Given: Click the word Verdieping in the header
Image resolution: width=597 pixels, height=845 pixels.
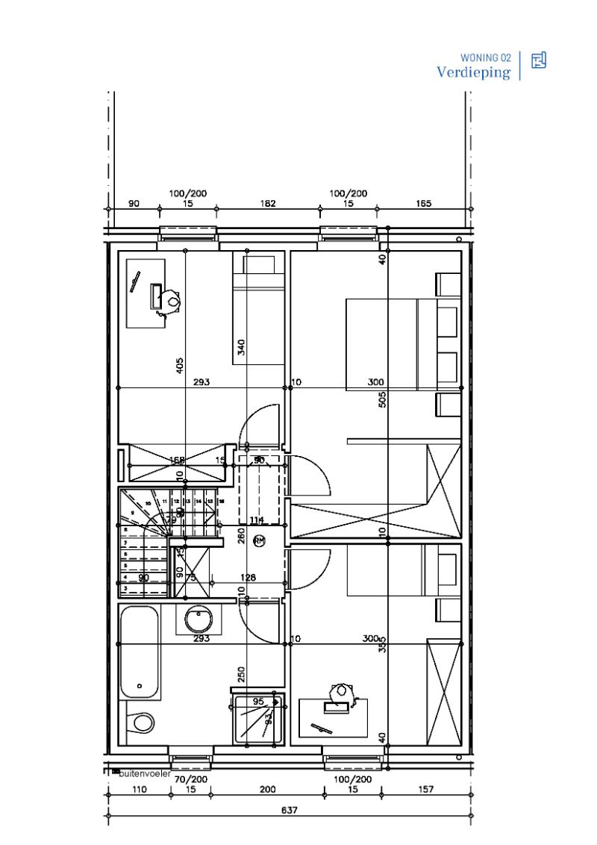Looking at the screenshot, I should click(473, 72).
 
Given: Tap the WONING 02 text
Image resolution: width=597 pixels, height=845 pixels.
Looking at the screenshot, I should click(486, 57).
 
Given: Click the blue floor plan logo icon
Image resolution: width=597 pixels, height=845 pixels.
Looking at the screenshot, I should click(538, 60).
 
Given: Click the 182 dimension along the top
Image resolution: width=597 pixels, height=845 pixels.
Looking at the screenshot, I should click(268, 204).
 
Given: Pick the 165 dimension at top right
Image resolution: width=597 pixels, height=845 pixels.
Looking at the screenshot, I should click(422, 204).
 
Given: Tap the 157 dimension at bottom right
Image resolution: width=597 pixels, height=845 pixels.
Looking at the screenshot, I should click(426, 789).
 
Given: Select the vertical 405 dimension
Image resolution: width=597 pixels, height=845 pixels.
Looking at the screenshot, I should click(179, 365).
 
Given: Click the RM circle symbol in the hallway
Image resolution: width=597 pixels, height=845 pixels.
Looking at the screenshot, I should click(259, 540).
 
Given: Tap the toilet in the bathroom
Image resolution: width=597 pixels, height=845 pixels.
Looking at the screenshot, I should click(141, 722).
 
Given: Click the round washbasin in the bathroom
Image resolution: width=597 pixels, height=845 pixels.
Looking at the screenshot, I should click(199, 619).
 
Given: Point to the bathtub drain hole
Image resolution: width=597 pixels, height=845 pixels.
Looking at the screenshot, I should click(140, 685).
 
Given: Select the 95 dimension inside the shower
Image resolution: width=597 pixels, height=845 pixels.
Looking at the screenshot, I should click(258, 702).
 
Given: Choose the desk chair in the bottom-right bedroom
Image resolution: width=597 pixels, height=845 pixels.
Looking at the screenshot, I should click(343, 690).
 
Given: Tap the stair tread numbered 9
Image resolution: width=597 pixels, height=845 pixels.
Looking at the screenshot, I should click(133, 513).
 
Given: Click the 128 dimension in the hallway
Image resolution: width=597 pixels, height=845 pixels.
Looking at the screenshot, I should click(248, 577).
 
